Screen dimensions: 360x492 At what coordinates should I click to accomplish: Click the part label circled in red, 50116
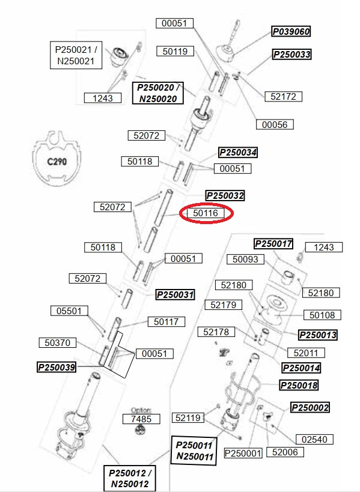(x=206, y=213)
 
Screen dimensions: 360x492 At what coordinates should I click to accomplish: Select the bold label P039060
(x=291, y=31)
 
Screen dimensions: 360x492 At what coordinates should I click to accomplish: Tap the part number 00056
(x=275, y=124)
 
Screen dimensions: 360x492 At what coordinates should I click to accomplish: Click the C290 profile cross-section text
(x=57, y=162)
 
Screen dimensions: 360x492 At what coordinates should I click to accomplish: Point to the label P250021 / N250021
(x=76, y=55)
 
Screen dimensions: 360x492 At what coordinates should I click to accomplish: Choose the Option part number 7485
(x=141, y=419)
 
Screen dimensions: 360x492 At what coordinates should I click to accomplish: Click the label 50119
(x=175, y=51)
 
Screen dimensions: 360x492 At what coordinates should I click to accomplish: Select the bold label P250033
(x=292, y=54)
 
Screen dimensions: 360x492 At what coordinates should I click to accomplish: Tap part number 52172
(x=284, y=96)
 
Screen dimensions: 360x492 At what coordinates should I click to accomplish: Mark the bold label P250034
(x=238, y=153)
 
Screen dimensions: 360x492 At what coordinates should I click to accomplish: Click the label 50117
(x=166, y=321)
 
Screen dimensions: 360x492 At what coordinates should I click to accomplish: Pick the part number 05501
(x=69, y=311)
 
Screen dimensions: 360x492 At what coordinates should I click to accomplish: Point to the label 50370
(x=58, y=342)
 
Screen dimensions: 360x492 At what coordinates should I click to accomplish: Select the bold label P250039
(x=56, y=367)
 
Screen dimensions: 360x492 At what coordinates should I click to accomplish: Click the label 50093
(x=245, y=259)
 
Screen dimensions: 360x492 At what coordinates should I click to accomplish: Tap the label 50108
(x=322, y=315)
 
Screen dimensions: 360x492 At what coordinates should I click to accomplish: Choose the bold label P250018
(x=299, y=385)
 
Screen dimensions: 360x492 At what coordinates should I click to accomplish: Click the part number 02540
(x=314, y=439)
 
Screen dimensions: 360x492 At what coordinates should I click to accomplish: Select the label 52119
(x=188, y=418)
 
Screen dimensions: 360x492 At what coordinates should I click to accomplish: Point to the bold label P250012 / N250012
(x=130, y=478)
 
